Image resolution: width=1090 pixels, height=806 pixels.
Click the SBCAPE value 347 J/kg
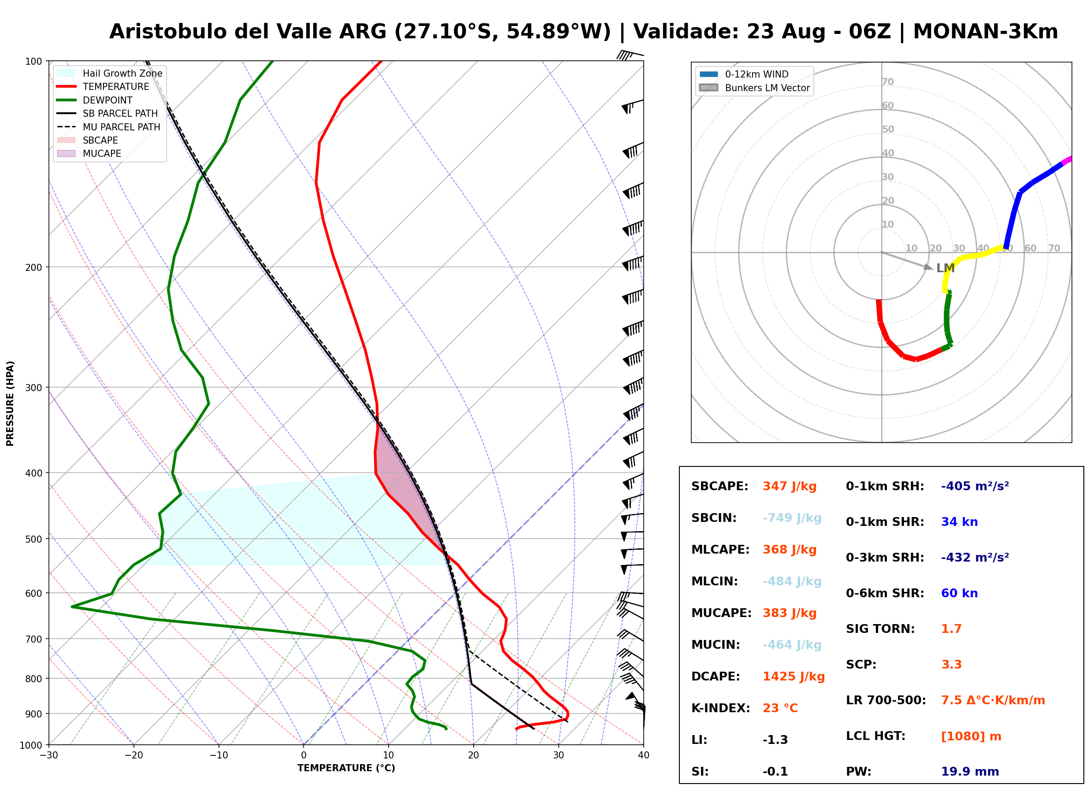(790, 486)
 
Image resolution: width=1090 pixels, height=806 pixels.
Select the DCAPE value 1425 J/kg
(793, 677)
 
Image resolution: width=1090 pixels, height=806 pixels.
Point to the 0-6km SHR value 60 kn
(959, 593)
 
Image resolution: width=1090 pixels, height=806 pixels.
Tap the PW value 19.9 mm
(970, 772)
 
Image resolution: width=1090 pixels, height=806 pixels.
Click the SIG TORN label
(880, 629)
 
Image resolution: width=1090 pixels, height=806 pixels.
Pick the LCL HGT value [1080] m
(971, 736)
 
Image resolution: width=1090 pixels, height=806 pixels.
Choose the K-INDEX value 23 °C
(780, 708)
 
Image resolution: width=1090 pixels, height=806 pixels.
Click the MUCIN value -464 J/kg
(792, 645)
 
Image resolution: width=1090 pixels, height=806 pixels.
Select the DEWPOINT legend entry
(95, 100)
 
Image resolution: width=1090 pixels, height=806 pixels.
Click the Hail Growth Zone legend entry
(110, 73)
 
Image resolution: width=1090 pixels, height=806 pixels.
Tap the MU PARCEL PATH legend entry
(108, 127)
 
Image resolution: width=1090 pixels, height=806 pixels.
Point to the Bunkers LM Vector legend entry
(754, 88)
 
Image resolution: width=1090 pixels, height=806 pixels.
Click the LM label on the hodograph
(945, 268)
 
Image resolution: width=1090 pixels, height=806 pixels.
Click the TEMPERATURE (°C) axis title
(346, 769)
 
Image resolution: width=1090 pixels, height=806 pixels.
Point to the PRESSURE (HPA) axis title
(10, 403)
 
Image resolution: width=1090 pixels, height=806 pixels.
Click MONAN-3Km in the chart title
(985, 32)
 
